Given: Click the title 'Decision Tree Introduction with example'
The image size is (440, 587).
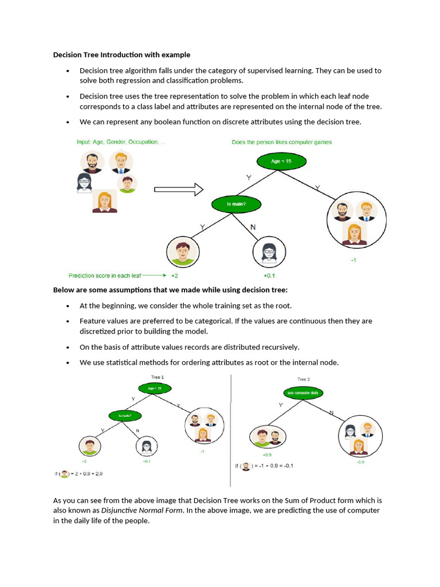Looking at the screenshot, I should tap(121, 55).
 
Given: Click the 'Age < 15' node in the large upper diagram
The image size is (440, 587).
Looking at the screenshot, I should tap(281, 162).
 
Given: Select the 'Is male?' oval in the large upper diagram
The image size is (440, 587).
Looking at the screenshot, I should tap(236, 204).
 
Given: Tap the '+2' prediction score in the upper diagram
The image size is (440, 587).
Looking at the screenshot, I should tap(175, 276).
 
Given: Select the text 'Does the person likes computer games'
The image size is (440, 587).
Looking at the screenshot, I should tap(281, 142).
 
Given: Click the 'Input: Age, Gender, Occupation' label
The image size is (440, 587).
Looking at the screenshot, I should tap(119, 142).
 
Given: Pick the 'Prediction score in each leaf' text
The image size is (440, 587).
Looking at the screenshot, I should tap(105, 276).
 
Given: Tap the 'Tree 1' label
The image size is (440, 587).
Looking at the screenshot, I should tap(157, 377).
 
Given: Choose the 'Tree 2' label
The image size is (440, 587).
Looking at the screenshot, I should tap(303, 379).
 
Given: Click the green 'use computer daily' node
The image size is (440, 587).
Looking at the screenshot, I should tap(302, 393).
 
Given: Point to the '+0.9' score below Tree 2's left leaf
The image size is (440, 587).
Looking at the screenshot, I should tap(266, 455).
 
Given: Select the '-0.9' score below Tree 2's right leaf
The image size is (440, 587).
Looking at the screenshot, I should tap(360, 461).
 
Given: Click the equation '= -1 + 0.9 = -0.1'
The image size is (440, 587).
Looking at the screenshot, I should tap(273, 465).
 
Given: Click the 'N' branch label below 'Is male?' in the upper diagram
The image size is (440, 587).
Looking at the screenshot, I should tap(253, 228).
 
